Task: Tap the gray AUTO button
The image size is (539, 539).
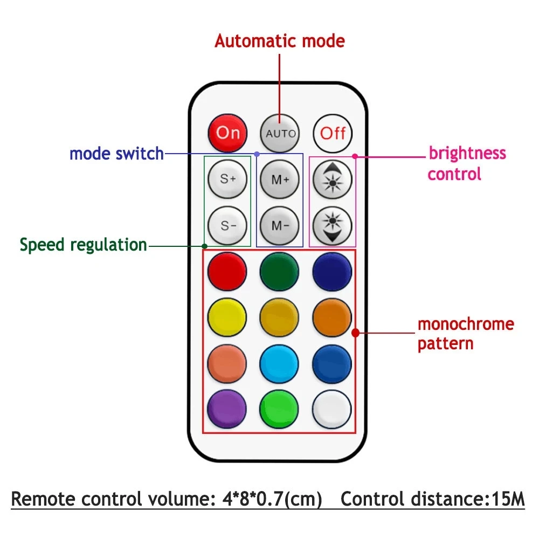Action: (280, 133)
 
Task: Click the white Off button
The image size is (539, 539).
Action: (333, 133)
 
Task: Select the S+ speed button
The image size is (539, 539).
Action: (227, 179)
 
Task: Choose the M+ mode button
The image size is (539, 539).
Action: (280, 179)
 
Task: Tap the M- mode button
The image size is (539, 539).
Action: (280, 225)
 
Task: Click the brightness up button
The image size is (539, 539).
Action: (333, 179)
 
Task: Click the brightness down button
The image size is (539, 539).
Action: (333, 225)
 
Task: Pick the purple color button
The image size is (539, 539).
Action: (227, 409)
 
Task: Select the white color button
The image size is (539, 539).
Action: (332, 409)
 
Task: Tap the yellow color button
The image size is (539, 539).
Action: (227, 317)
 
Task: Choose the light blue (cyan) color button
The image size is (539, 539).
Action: (279, 364)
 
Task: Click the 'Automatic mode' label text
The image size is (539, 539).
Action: (280, 42)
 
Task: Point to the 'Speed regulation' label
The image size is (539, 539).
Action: (84, 245)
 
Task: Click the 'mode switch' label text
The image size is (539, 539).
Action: (116, 154)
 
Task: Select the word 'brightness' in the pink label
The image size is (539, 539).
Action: (467, 153)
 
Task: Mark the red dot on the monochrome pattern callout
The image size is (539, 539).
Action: (356, 333)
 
